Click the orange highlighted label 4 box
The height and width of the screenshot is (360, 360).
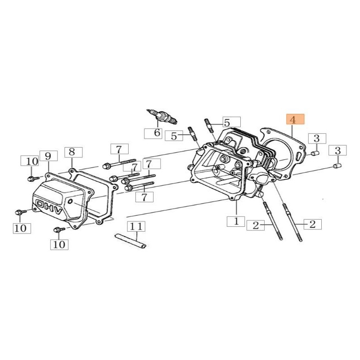click(296, 120)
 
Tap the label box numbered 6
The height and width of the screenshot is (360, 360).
click(152, 133)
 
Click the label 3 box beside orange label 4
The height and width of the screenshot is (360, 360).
click(316, 139)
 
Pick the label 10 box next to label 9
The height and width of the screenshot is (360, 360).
click(30, 161)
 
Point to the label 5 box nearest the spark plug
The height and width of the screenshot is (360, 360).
click(173, 135)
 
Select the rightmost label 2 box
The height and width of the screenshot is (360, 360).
click(313, 223)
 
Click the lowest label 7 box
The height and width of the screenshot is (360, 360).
click(144, 196)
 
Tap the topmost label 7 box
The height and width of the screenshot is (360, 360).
click(119, 149)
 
